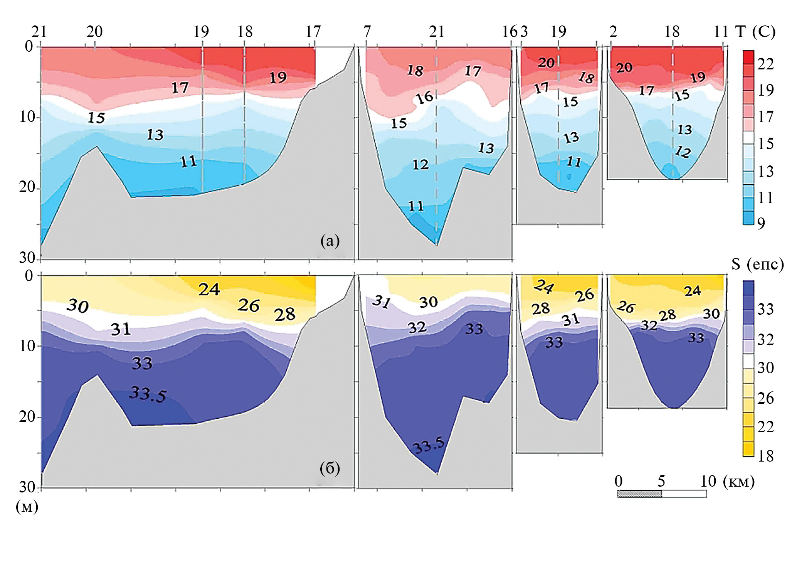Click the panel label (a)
point(330,241)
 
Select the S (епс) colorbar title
point(757,264)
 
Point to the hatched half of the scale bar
point(639,494)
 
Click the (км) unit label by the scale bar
point(738,481)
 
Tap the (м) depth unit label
point(27,506)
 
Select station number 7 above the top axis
point(367,32)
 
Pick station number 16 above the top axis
point(510,32)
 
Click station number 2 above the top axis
point(613,32)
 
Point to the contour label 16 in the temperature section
point(425,98)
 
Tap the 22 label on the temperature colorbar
point(765,64)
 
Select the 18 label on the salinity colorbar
point(765,456)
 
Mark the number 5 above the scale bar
point(661,481)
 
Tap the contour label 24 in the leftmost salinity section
point(209,289)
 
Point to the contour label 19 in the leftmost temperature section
point(278,78)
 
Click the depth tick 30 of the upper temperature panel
point(27,258)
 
